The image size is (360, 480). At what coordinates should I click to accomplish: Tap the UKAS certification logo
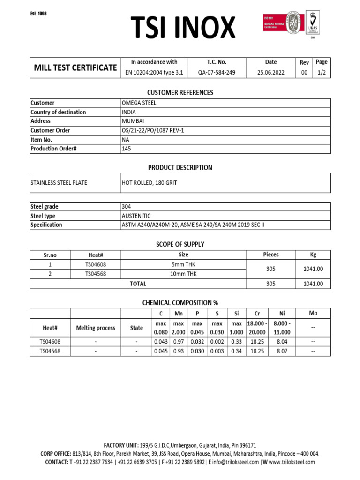(314, 23)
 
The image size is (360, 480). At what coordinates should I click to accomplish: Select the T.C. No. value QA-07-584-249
(217, 73)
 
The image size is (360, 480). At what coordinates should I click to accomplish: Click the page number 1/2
(322, 73)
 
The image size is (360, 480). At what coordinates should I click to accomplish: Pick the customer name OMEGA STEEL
(139, 103)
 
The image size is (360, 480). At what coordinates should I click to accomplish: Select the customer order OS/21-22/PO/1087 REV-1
(153, 130)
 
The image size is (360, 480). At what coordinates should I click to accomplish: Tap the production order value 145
(127, 149)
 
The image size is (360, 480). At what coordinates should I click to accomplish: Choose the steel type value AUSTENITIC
(136, 216)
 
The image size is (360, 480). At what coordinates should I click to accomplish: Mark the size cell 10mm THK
(183, 274)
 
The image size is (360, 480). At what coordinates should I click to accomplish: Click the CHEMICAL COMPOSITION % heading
(180, 303)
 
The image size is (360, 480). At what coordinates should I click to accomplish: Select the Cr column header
(256, 314)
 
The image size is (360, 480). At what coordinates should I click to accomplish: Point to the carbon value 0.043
(161, 342)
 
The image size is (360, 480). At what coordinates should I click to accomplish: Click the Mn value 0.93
(179, 351)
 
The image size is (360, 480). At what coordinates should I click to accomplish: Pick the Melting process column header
(95, 328)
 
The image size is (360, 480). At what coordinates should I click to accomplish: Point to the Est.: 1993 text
(38, 14)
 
